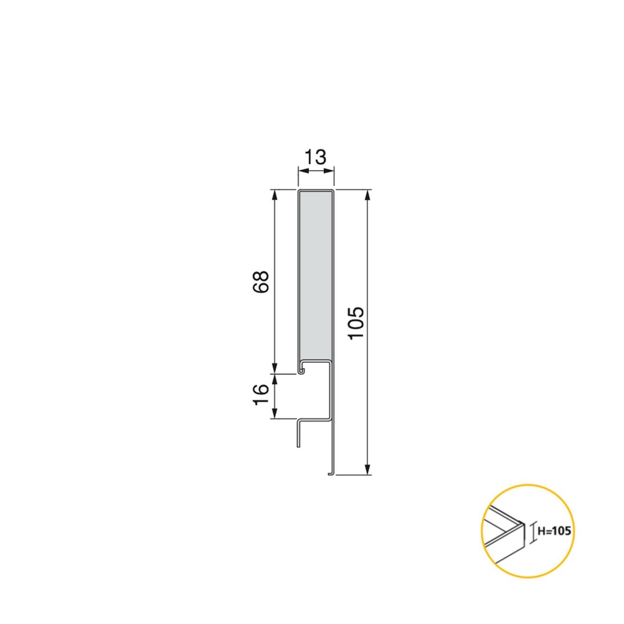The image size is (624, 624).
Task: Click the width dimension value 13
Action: click(x=316, y=157)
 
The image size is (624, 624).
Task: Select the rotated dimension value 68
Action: click(x=260, y=282)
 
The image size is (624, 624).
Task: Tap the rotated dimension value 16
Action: click(x=260, y=395)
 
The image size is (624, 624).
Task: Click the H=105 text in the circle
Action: click(x=554, y=531)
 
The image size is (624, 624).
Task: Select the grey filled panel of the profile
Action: click(x=316, y=274)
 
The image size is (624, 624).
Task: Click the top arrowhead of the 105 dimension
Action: click(x=367, y=195)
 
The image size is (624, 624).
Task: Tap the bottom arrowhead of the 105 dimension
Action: click(x=367, y=469)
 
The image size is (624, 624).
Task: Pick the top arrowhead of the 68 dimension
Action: click(x=275, y=195)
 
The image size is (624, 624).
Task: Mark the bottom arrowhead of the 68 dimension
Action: click(x=275, y=367)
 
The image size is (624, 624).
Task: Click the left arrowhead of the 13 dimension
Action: click(x=301, y=171)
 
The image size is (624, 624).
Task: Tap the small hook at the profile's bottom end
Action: click(x=330, y=472)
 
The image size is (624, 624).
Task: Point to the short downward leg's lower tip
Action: click(x=298, y=445)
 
